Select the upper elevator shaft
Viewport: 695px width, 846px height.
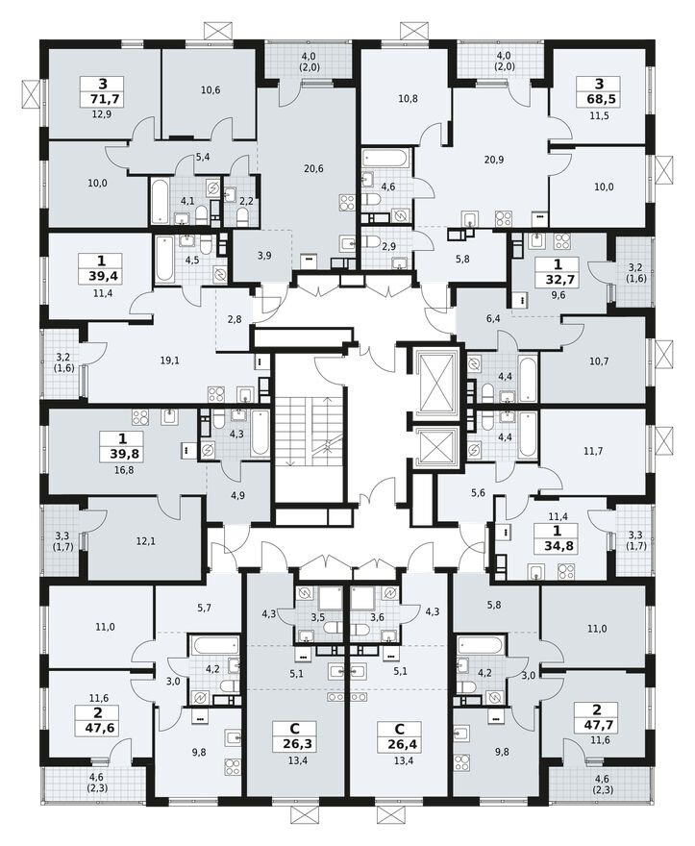[x=437, y=379]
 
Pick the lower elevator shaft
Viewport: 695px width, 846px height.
[x=437, y=445]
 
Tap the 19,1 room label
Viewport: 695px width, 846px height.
[x=170, y=361]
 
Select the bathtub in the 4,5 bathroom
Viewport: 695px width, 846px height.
[x=165, y=259]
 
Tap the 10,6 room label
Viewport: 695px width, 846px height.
[x=211, y=90]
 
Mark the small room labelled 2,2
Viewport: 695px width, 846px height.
[x=245, y=200]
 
